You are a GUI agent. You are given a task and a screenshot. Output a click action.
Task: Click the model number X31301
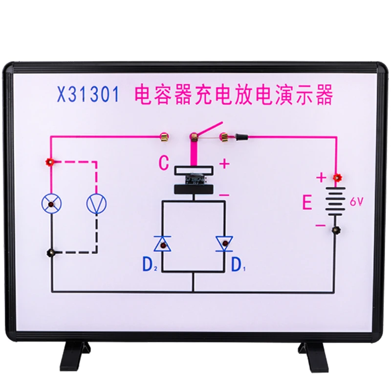(88, 94)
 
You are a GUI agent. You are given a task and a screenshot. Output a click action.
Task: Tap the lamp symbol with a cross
(51, 203)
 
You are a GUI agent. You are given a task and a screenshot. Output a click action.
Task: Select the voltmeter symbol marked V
(96, 203)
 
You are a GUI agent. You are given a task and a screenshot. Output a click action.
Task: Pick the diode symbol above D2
(162, 243)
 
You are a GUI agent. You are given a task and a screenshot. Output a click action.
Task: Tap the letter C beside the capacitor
(164, 163)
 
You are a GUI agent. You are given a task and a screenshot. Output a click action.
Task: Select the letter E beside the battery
(307, 202)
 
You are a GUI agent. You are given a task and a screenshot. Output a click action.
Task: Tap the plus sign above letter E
(320, 178)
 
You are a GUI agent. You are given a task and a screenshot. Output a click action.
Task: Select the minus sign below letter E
(320, 225)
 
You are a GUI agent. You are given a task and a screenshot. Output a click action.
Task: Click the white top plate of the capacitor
(194, 170)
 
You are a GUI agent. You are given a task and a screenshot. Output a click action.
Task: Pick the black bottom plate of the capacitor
(194, 189)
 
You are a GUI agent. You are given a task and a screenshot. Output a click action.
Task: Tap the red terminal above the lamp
(49, 161)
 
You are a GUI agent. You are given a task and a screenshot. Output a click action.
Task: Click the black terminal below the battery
(336, 230)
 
